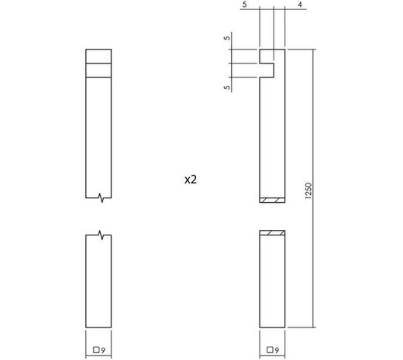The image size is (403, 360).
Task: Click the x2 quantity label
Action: pos(191,179)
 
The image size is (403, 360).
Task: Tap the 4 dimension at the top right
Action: pos(299,5)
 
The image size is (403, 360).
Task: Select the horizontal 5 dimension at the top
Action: pos(243,5)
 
